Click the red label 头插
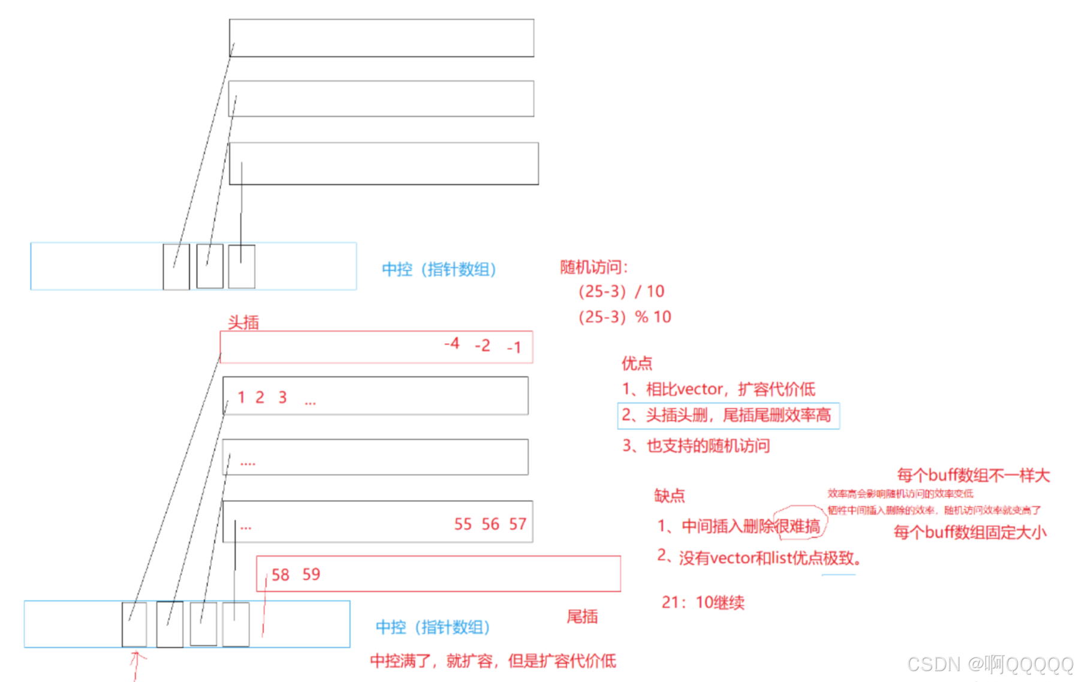point(243,323)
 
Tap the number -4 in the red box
point(452,344)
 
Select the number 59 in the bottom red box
point(311,575)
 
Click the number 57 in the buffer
point(517,524)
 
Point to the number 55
point(463,524)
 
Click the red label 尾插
point(582,617)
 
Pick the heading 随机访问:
point(593,267)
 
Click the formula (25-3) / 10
point(621,292)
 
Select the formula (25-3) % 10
point(625,317)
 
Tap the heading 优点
point(637,363)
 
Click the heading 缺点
point(669,496)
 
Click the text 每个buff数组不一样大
point(973,476)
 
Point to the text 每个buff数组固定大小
point(970,533)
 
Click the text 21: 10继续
point(703,603)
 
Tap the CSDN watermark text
point(990,664)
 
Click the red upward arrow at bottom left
point(137,665)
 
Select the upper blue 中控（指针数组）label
point(439,269)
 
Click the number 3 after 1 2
point(282,398)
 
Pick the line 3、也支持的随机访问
point(696,446)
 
